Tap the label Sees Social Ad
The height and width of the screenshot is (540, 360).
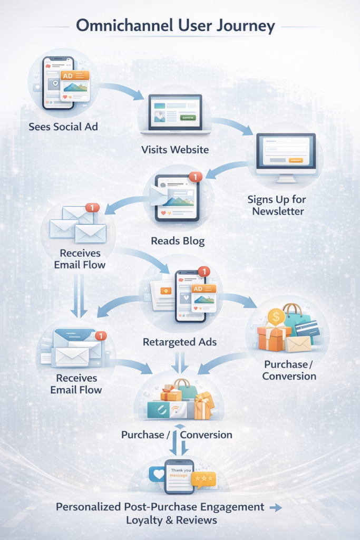point(63,127)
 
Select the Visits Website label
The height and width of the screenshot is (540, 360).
point(175,150)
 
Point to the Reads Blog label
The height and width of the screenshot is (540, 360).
point(178,241)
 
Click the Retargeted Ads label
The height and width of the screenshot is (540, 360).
point(180,342)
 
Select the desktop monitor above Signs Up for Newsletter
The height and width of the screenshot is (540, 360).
point(286,155)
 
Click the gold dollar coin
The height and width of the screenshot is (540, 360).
point(276,317)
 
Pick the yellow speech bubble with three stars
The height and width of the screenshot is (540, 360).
point(203,478)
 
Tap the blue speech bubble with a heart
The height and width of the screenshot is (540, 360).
point(157,474)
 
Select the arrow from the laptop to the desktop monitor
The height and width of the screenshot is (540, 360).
point(233,125)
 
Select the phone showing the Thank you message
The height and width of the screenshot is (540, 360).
point(179,476)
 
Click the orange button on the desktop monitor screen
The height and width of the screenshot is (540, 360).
point(296,159)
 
